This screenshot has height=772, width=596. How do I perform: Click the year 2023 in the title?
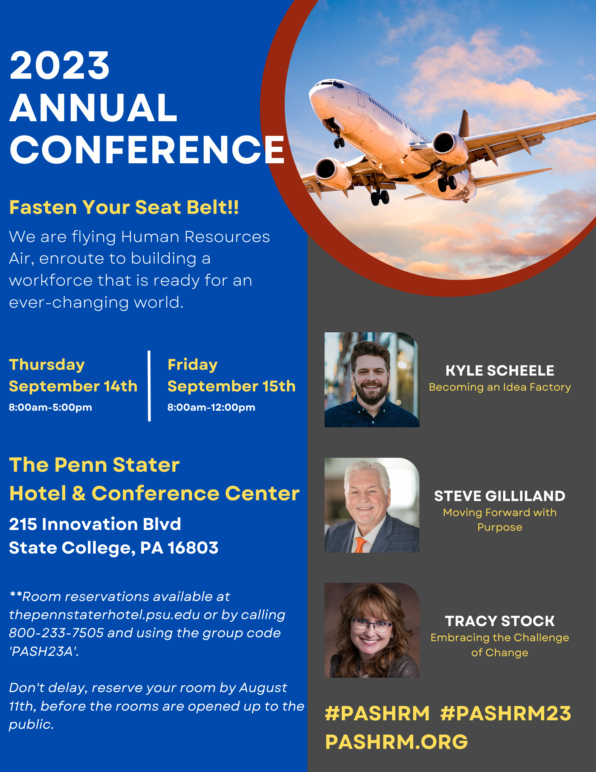coord(60,66)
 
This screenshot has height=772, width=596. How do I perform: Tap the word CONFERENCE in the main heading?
coord(147,149)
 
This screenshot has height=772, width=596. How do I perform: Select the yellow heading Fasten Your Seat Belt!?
coord(124,207)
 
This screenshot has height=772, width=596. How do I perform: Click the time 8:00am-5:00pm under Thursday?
coord(51,407)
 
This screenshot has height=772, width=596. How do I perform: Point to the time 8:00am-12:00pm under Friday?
coord(211,407)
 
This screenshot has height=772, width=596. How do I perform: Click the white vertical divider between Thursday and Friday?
coord(149,386)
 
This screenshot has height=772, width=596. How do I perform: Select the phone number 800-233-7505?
coord(56,633)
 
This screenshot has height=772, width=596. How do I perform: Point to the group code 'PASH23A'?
coord(44,651)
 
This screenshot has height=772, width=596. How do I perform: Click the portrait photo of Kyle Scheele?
coord(372,380)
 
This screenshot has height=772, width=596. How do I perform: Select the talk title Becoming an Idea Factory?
coord(500,387)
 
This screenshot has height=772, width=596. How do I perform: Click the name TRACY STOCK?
coord(500,621)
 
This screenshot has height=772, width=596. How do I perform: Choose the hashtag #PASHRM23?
coord(506,713)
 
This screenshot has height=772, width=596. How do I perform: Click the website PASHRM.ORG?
coord(397,742)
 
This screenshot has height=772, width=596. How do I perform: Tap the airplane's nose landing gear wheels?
coord(339,142)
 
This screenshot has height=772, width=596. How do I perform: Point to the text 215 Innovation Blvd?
coord(95,524)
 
